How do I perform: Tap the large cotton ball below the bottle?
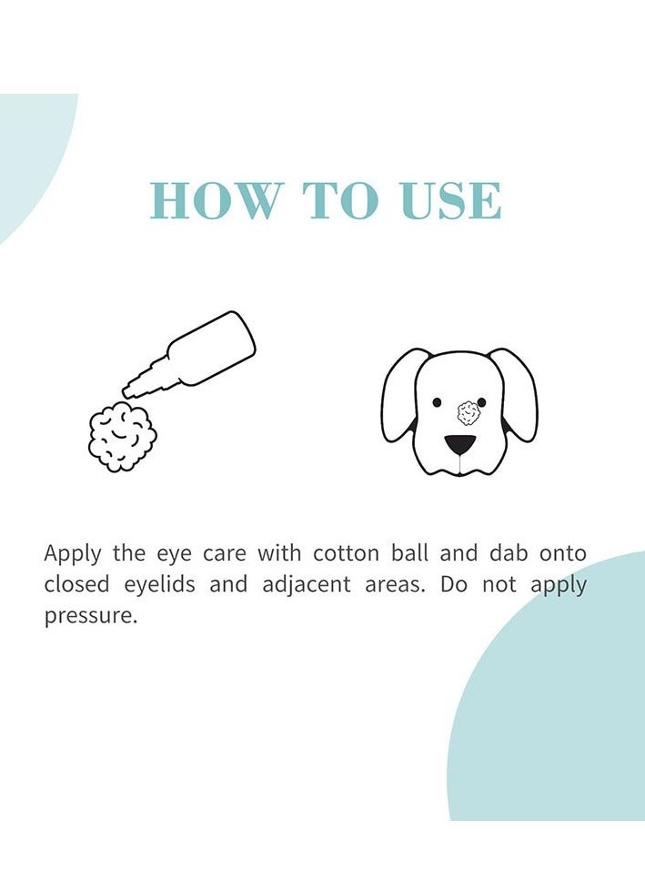coord(122,438)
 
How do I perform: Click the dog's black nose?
coord(459,445)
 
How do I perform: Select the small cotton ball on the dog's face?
coord(469,412)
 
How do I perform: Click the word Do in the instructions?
coord(454,584)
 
